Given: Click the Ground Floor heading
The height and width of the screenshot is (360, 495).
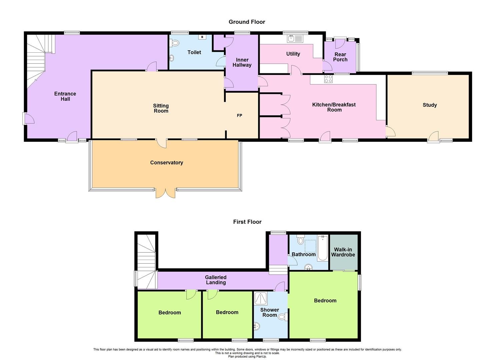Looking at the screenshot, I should tap(247, 22).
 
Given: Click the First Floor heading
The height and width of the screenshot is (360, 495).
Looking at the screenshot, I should tap(247, 222).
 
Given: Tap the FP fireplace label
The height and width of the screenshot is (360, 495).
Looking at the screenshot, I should tap(239, 116).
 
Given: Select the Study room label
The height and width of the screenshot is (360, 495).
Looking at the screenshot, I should tap(429, 105).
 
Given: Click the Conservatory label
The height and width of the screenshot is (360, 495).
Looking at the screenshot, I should tap(166, 163).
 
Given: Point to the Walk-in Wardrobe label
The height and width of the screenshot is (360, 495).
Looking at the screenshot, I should tap(343, 252).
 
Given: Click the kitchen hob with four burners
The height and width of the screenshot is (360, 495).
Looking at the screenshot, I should tap(328, 79).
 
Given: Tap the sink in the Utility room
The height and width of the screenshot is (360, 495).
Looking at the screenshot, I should tap(295, 39).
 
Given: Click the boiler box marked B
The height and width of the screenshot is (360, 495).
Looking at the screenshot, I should tap(202, 37).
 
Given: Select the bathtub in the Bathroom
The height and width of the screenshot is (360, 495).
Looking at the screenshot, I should tap(322, 248).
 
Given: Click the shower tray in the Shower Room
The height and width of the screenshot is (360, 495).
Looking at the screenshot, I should tap(261, 298).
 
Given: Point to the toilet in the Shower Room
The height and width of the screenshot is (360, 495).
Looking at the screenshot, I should tap(283, 317).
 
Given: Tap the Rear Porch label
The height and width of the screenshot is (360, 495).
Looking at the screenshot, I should tap(340, 57).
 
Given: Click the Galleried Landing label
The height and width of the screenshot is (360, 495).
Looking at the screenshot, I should tap(216, 280).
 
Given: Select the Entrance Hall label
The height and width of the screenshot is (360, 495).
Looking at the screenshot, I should tap(65, 96).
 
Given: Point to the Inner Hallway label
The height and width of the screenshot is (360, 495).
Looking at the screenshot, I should tap(242, 63).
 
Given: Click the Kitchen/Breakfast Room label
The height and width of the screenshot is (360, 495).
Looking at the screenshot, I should tap(334, 107).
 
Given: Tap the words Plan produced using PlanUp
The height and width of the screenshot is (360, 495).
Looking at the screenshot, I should tap(247, 356).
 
